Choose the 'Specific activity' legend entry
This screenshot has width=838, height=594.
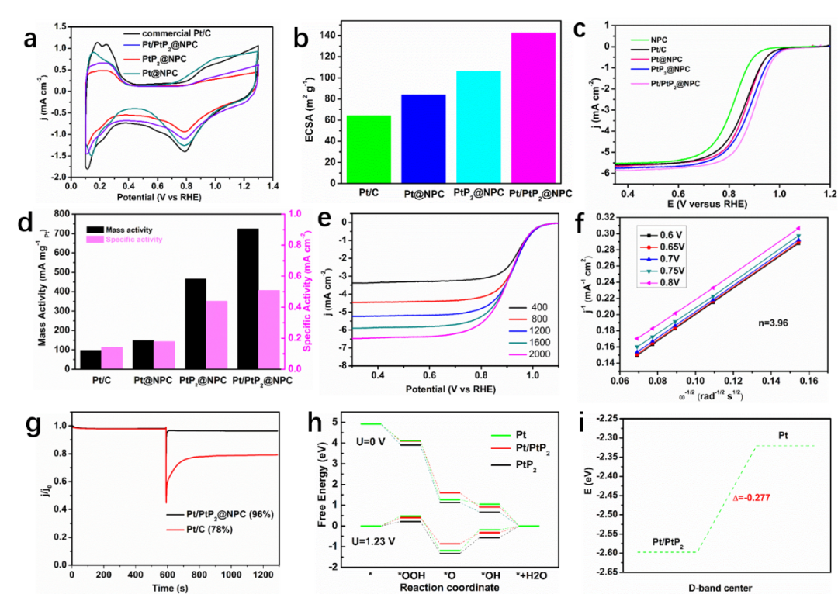(133, 240)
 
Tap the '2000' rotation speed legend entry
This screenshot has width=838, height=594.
(538, 354)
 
